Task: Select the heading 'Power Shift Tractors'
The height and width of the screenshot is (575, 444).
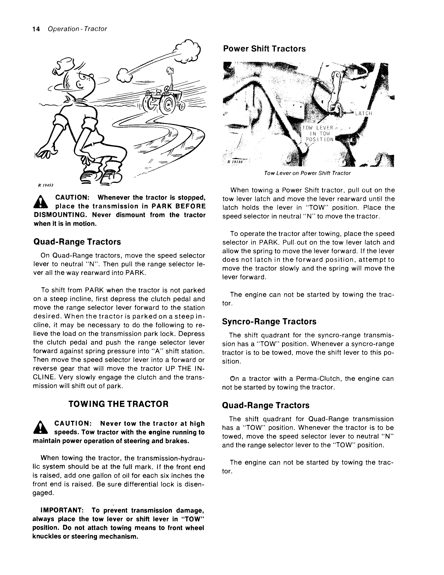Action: coord(264,49)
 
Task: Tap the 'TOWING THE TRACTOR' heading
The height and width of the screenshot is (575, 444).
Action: coord(118,404)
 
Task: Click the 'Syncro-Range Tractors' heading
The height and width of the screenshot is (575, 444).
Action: coord(269,321)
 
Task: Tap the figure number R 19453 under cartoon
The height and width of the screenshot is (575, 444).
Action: coord(46,185)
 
